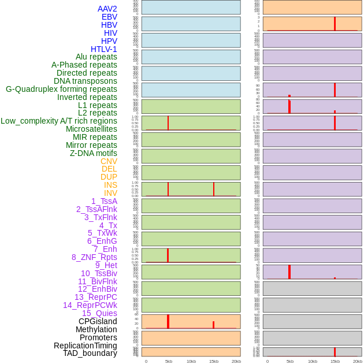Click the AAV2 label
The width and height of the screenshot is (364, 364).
click(107, 9)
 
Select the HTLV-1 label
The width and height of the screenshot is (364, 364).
click(104, 49)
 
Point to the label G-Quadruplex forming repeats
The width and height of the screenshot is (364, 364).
click(61, 89)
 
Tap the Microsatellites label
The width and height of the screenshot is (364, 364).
click(91, 129)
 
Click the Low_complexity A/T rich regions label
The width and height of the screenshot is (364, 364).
click(59, 121)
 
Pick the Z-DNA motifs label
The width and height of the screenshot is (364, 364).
click(94, 153)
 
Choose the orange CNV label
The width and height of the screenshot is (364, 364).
click(109, 161)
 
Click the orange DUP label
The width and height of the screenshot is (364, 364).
click(109, 177)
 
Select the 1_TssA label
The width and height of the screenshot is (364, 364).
click(104, 201)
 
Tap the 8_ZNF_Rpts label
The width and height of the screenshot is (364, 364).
click(94, 257)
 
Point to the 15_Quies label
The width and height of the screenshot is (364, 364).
click(99, 313)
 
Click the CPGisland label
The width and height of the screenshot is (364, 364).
click(98, 321)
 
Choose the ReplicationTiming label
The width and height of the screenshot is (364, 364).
click(86, 346)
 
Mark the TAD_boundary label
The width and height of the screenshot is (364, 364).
click(90, 353)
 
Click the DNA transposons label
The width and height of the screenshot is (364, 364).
click(86, 81)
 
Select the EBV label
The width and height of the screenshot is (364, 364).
click(109, 17)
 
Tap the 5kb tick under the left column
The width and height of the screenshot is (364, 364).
click(169, 361)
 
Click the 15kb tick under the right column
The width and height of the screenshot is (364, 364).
click(335, 361)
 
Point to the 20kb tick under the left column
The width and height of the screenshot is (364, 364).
click(236, 361)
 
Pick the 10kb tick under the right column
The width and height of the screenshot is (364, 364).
click(313, 361)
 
